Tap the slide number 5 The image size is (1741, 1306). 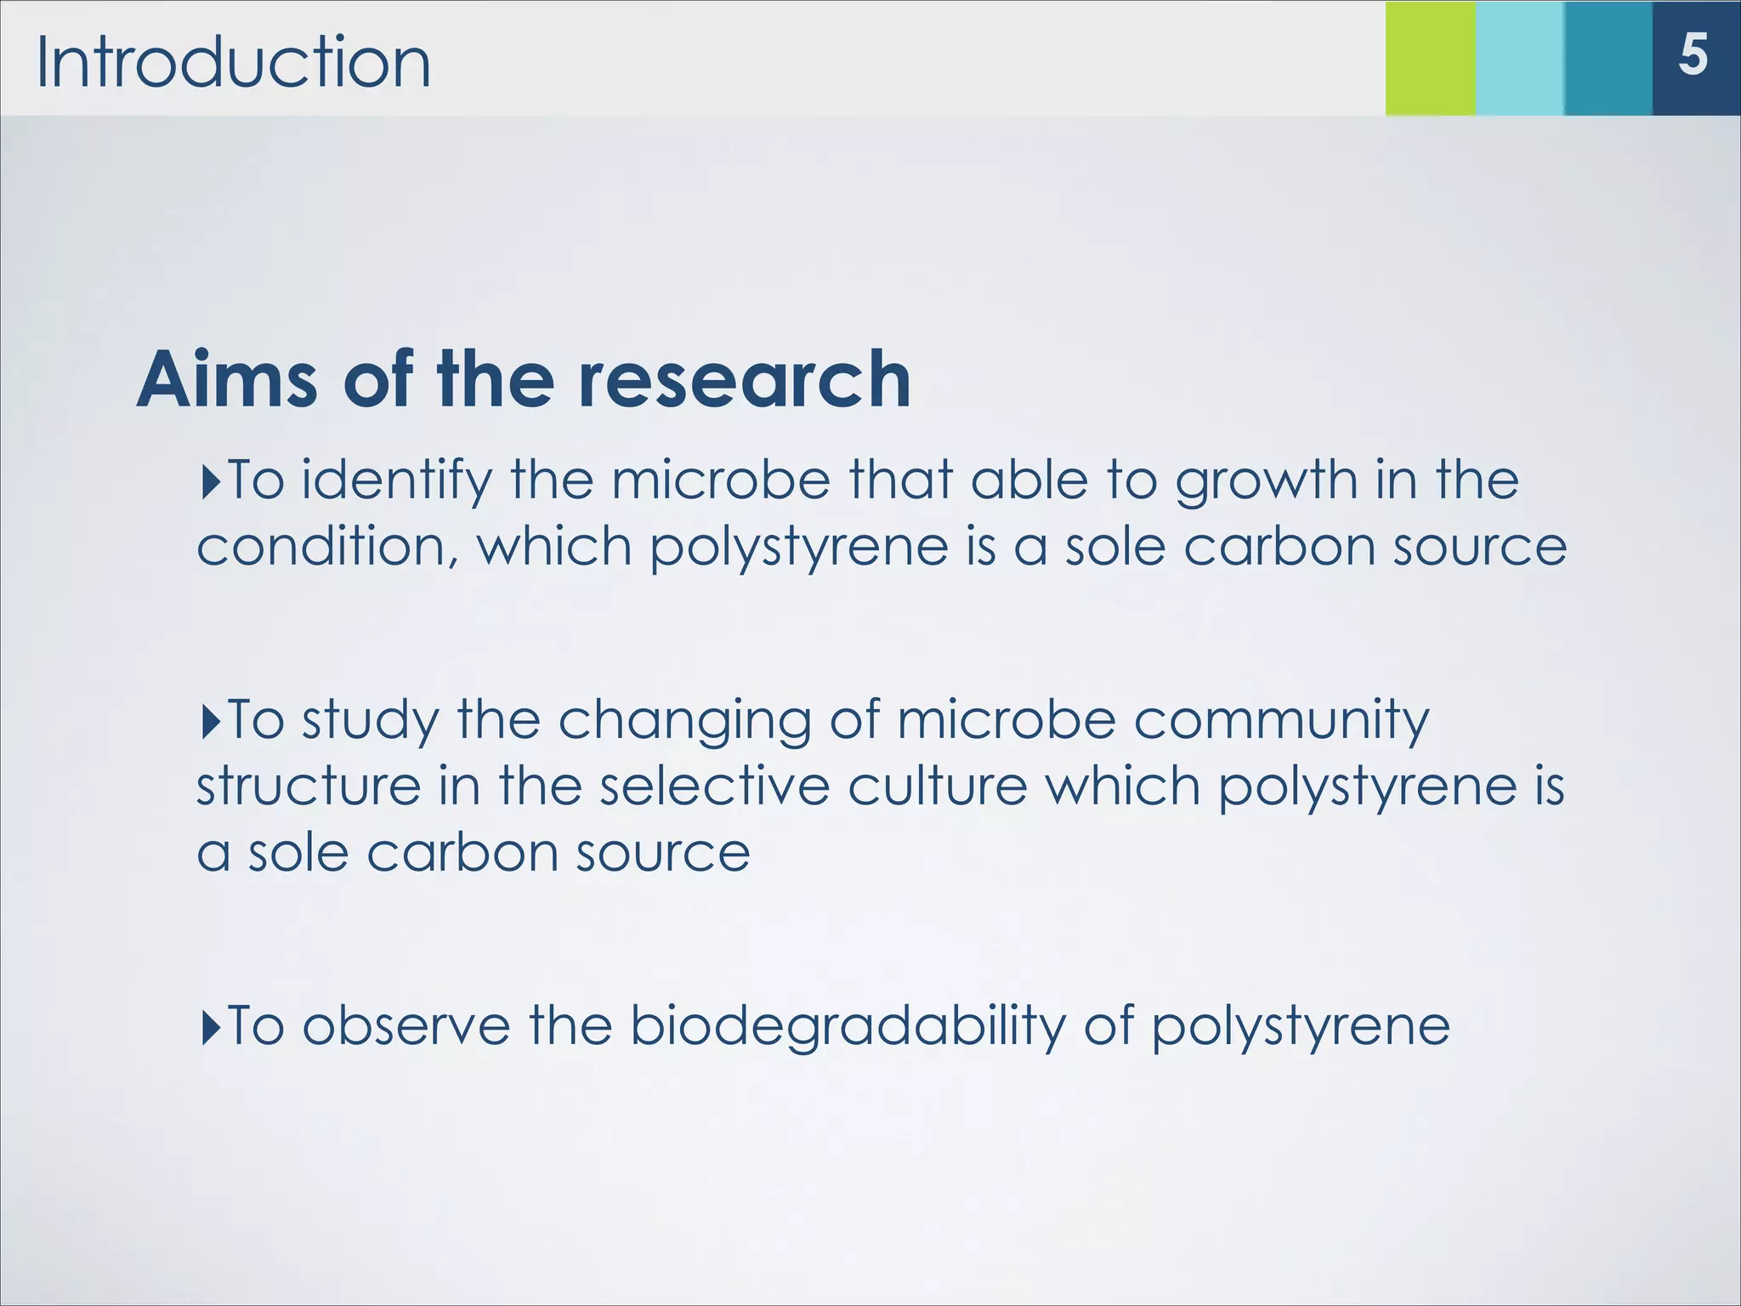(x=1693, y=56)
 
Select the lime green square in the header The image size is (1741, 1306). (x=1431, y=58)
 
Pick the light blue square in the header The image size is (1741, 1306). (x=1520, y=58)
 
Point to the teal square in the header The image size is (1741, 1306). (x=1608, y=58)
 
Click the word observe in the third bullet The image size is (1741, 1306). (x=406, y=1025)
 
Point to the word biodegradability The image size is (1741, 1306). (x=848, y=1027)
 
